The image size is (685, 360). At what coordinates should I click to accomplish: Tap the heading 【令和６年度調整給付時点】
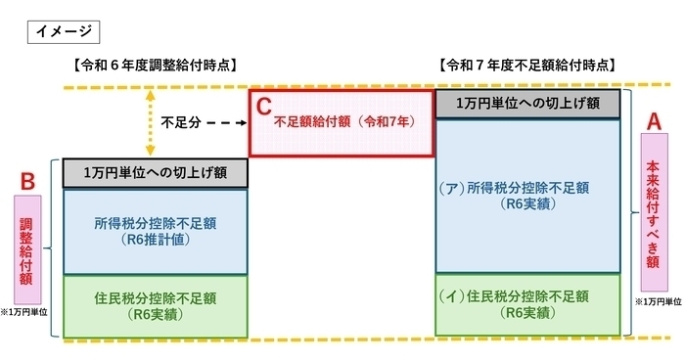click(x=157, y=65)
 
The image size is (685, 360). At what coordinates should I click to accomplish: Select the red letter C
click(x=263, y=103)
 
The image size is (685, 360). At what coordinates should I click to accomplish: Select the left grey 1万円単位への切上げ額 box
click(x=157, y=173)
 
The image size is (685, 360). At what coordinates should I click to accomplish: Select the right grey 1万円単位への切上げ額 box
click(x=528, y=105)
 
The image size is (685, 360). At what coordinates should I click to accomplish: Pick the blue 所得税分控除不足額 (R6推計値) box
click(x=157, y=231)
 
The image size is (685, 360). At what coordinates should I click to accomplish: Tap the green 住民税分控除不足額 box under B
click(x=157, y=305)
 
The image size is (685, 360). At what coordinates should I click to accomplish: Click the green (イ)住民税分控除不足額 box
click(x=528, y=304)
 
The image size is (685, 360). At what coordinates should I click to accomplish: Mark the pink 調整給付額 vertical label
click(x=27, y=247)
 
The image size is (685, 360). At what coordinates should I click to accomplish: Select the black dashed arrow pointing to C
click(x=226, y=124)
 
